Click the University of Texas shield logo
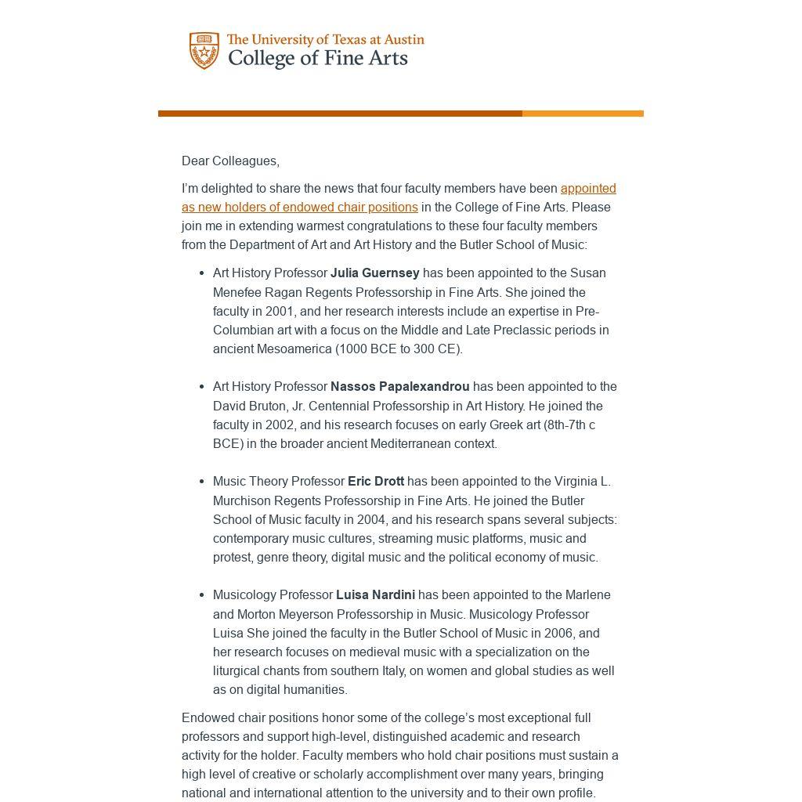pyautogui.click(x=204, y=50)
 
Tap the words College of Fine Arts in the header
pyautogui.click(x=317, y=59)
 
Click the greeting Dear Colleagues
pyautogui.click(x=230, y=161)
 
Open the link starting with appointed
pyautogui.click(x=587, y=188)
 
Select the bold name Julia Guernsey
pyautogui.click(x=374, y=273)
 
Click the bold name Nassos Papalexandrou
pyautogui.click(x=399, y=386)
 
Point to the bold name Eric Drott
pyautogui.click(x=376, y=481)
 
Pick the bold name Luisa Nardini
pyautogui.click(x=375, y=594)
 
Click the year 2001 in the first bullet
pyautogui.click(x=280, y=311)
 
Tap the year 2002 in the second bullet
pyautogui.click(x=280, y=424)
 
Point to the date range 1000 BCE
pyautogui.click(x=369, y=349)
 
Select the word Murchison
pyautogui.click(x=242, y=500)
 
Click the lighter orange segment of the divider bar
pyautogui.click(x=583, y=114)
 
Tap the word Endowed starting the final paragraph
pyautogui.click(x=208, y=717)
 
